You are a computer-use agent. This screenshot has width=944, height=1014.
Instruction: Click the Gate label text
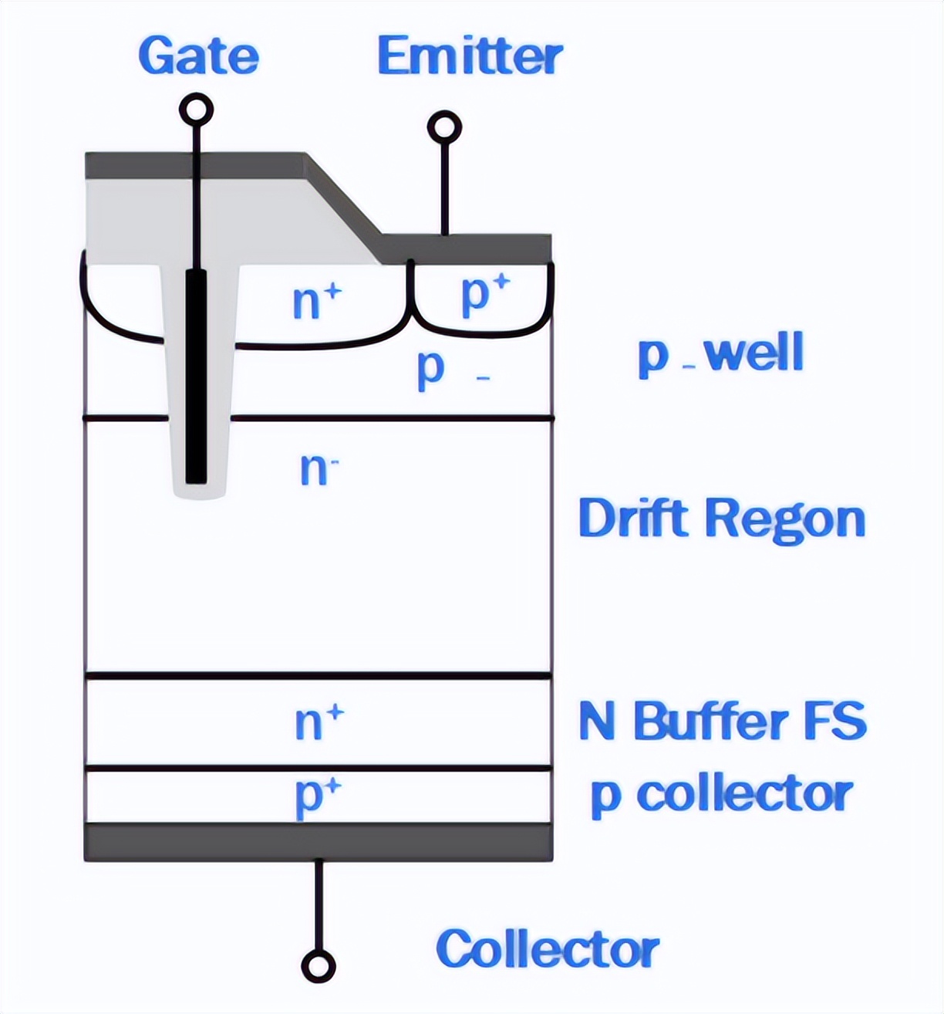click(198, 56)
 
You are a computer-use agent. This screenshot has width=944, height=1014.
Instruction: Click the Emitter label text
click(470, 56)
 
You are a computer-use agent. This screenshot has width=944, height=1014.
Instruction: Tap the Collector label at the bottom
click(547, 948)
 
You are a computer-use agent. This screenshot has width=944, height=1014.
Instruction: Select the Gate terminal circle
click(196, 110)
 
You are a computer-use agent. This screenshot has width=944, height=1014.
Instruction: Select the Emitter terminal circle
click(444, 128)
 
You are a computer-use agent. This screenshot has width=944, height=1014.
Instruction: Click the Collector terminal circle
click(319, 966)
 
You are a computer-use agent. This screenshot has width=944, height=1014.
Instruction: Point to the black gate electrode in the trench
click(197, 378)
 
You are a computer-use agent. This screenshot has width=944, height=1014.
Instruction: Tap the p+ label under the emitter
click(485, 292)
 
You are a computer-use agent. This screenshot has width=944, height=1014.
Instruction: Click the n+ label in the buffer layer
click(319, 722)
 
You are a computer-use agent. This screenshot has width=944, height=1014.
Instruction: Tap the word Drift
click(633, 518)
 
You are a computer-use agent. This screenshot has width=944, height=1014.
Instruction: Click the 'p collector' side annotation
click(721, 795)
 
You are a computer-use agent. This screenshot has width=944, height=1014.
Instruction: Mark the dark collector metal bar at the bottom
click(319, 842)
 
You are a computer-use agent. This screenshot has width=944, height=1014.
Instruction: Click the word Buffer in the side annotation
click(711, 722)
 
